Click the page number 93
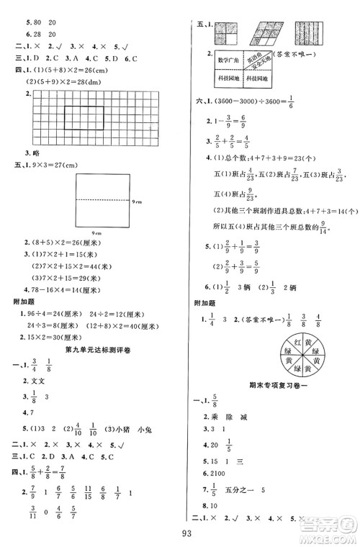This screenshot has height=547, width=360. coord(179,533)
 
